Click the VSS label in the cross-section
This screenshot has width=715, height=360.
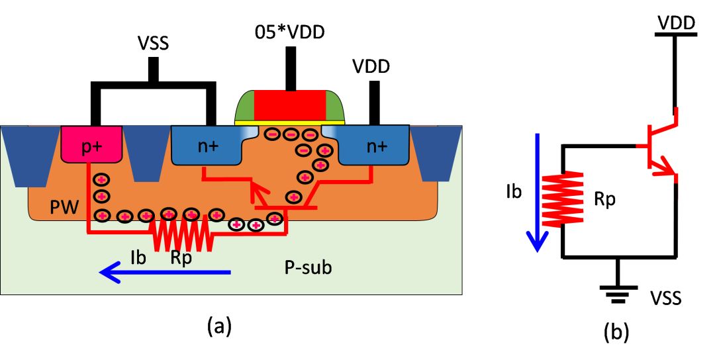tap(153, 46)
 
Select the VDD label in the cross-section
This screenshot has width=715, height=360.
tap(371, 67)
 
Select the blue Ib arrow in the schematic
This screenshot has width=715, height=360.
tap(538, 192)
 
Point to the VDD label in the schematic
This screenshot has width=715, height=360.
tap(675, 23)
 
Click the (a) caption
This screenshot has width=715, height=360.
tap(220, 326)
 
